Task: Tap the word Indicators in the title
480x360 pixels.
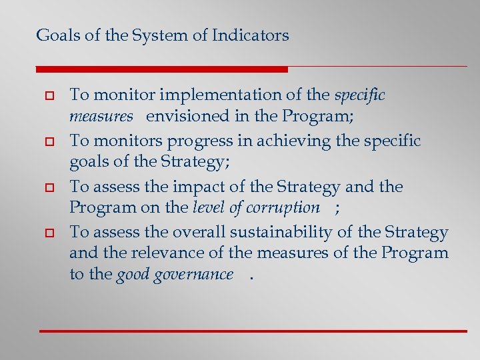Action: click(250, 35)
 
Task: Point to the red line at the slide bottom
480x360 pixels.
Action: click(253, 331)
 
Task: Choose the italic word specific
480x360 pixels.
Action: click(359, 95)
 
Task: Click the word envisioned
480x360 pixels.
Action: click(188, 116)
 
